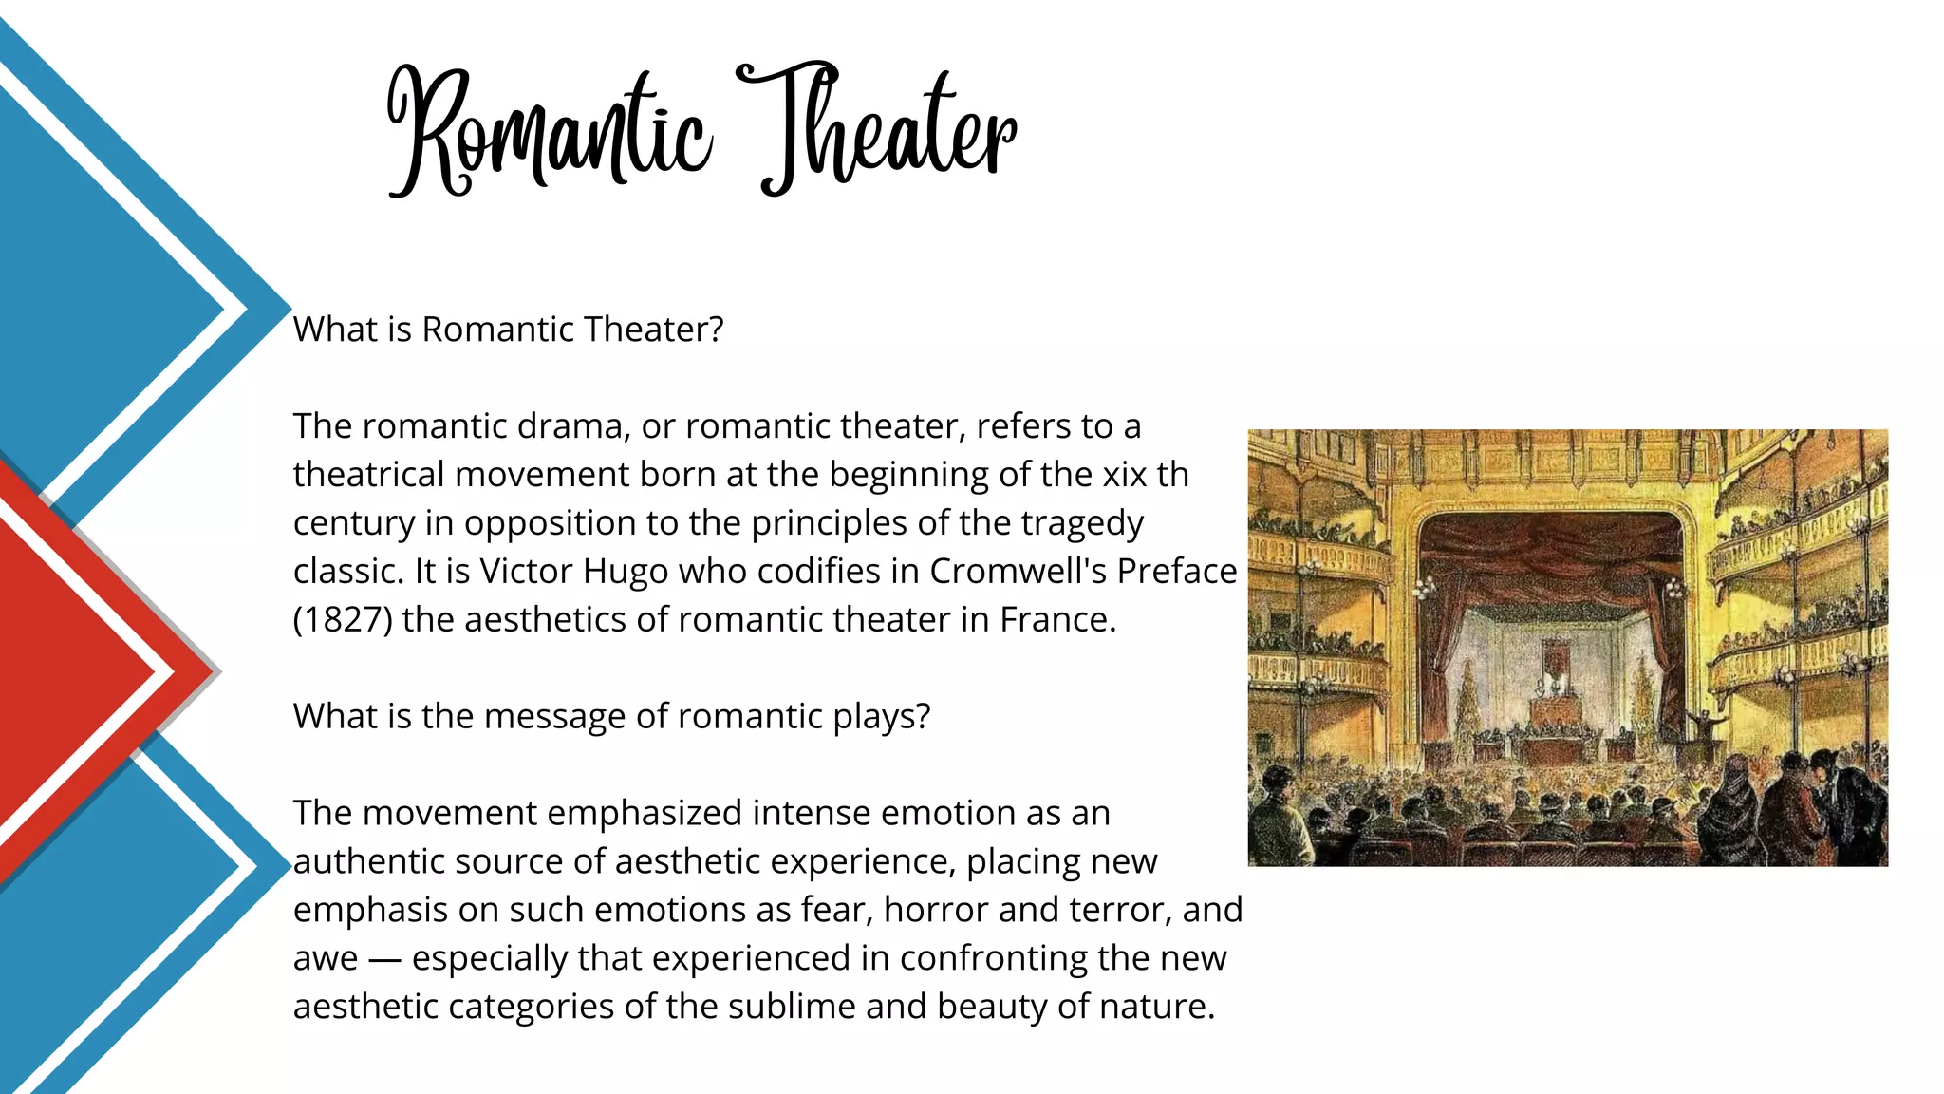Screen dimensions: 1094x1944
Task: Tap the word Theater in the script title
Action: [x=878, y=128]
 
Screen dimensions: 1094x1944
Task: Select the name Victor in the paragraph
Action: [x=526, y=572]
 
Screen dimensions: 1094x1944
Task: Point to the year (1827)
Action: [x=343, y=620]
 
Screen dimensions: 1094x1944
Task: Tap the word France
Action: [x=1057, y=620]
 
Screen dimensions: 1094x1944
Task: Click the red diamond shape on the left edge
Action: [x=76, y=672]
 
